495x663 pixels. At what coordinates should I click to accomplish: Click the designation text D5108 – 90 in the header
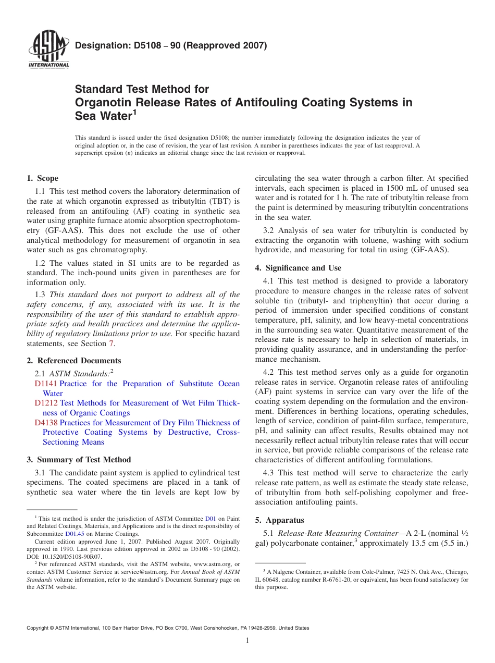[x=171, y=45]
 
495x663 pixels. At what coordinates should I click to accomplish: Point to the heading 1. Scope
[x=43, y=178]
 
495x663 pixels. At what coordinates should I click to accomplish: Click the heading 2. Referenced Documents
[x=74, y=361]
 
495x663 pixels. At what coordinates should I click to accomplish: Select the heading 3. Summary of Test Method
[x=79, y=460]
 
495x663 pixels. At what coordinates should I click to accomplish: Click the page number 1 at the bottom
[x=247, y=641]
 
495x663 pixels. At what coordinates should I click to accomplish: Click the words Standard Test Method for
[x=142, y=89]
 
